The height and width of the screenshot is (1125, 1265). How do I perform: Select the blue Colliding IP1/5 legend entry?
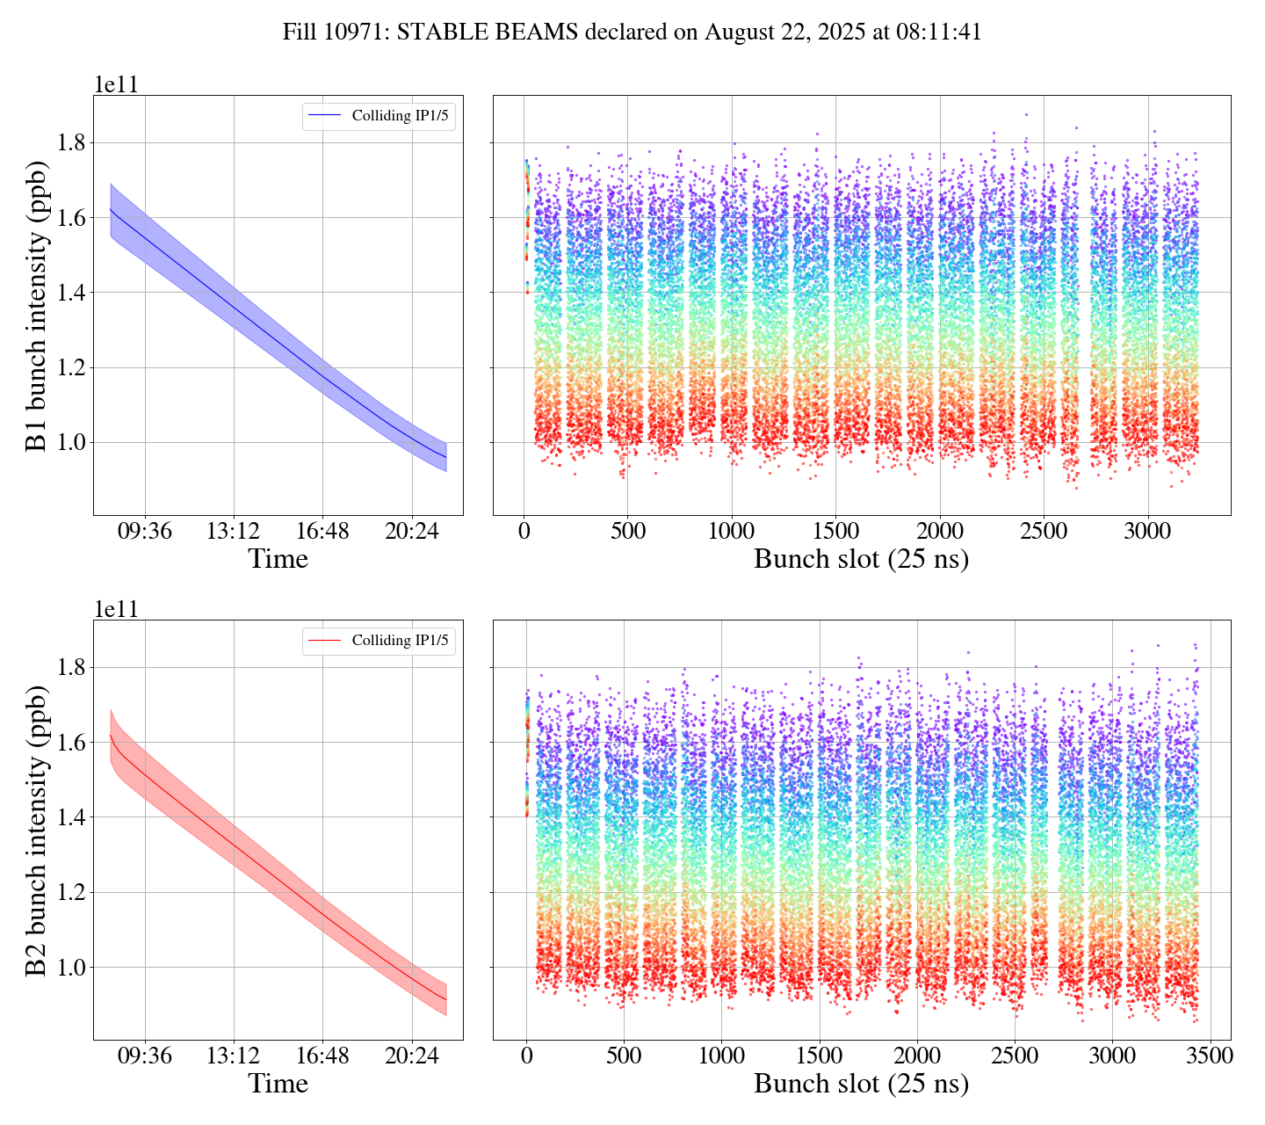click(x=379, y=116)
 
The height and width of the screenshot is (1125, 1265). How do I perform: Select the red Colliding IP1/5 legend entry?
click(x=379, y=641)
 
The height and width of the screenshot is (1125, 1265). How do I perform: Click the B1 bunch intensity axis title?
click(x=36, y=305)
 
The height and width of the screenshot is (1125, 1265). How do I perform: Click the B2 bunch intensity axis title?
click(x=36, y=830)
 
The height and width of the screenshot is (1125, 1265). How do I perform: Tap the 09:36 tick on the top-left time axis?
click(x=145, y=532)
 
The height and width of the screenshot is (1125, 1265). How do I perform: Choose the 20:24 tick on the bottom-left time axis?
click(x=412, y=1056)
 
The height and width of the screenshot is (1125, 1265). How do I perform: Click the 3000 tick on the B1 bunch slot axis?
click(x=1148, y=532)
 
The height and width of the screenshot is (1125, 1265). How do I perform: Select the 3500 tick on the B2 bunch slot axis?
click(x=1209, y=1056)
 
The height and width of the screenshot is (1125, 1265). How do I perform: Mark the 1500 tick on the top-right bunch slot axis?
click(x=836, y=532)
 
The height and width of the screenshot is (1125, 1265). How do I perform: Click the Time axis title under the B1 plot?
click(x=278, y=559)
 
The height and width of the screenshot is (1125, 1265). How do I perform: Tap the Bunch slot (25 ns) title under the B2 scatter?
click(x=861, y=1084)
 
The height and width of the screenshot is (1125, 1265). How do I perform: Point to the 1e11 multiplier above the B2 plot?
click(x=116, y=609)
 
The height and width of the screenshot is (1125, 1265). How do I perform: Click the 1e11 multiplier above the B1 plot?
click(x=116, y=84)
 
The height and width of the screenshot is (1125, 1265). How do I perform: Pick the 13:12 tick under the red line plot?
click(x=234, y=1056)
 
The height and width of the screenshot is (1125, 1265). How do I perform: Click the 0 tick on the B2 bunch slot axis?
click(x=526, y=1056)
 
